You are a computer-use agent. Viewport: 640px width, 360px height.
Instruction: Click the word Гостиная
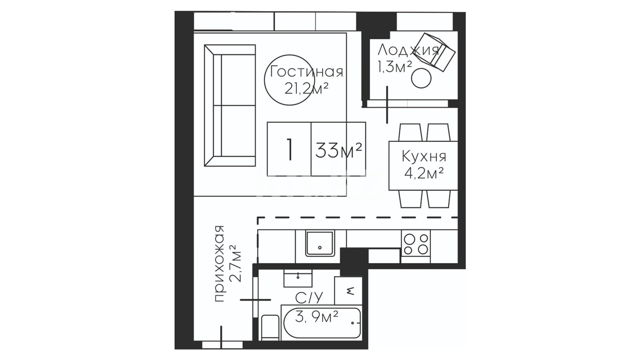(306, 72)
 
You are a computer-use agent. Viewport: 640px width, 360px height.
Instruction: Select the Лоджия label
(408, 51)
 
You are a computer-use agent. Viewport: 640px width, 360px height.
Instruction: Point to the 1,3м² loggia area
(395, 66)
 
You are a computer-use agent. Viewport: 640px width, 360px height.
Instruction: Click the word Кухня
(424, 156)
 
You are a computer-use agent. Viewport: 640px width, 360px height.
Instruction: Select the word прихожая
(219, 264)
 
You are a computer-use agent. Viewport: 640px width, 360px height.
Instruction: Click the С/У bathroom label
(309, 298)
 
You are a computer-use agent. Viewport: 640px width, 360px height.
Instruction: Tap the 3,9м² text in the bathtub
(317, 317)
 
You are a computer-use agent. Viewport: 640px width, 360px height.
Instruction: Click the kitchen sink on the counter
(320, 243)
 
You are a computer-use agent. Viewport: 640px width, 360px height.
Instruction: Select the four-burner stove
(416, 243)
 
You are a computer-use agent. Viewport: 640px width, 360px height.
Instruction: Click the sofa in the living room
(230, 106)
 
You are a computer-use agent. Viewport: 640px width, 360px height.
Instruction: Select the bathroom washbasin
(298, 278)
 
